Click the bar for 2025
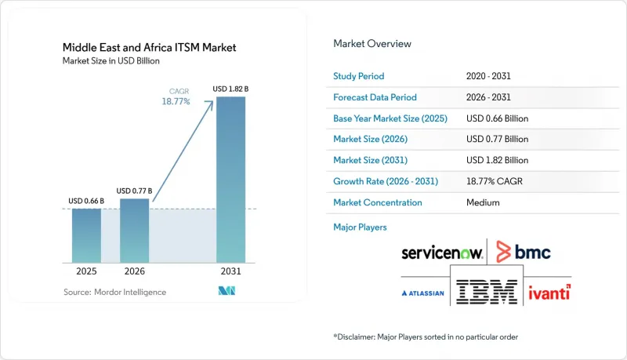pyautogui.click(x=86, y=235)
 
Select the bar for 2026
pyautogui.click(x=134, y=231)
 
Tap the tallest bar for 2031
pyautogui.click(x=230, y=180)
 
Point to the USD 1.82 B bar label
pyautogui.click(x=230, y=89)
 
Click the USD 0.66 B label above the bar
pyautogui.click(x=86, y=201)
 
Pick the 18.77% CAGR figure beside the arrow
pyautogui.click(x=176, y=102)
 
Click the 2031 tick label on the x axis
pyautogui.click(x=230, y=271)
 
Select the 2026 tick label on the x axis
pyautogui.click(x=134, y=271)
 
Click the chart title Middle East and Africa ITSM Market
pyautogui.click(x=149, y=48)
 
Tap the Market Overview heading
pyautogui.click(x=372, y=44)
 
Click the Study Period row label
pyautogui.click(x=359, y=76)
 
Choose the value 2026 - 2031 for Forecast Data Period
pyautogui.click(x=488, y=97)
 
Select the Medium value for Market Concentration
pyautogui.click(x=483, y=202)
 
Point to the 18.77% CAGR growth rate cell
pyautogui.click(x=495, y=181)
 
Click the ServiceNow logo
pyautogui.click(x=442, y=253)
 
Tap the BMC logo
pyautogui.click(x=524, y=252)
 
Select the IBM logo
pyautogui.click(x=487, y=292)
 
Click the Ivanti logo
pyautogui.click(x=550, y=293)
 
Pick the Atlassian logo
pyautogui.click(x=422, y=293)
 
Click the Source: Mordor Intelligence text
pyautogui.click(x=114, y=292)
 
